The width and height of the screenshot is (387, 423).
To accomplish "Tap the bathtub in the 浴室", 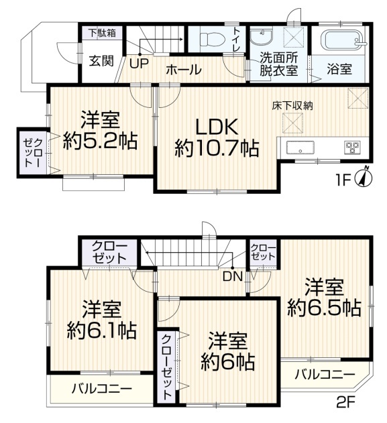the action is (x=344, y=40).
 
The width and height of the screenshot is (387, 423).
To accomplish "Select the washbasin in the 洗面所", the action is (x=261, y=37).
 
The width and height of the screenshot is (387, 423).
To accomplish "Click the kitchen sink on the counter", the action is (x=300, y=147).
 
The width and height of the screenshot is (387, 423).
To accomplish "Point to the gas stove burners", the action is (x=352, y=148).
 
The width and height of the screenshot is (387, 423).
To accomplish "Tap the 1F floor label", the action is (x=342, y=180).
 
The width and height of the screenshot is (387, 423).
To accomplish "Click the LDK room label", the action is (x=217, y=127).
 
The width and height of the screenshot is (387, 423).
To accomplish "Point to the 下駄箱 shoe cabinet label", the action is (x=103, y=33).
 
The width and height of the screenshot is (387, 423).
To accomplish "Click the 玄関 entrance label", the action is (x=101, y=61).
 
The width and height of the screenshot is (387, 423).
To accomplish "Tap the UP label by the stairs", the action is (x=139, y=64).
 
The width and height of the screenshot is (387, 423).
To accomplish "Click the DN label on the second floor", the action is (x=233, y=276).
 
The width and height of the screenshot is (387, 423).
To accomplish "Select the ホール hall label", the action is (x=184, y=70).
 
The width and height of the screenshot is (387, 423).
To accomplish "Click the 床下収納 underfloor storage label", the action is (x=292, y=105).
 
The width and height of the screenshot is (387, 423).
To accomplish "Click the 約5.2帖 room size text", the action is (x=101, y=141).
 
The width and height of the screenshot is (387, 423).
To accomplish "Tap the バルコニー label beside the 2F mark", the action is (x=325, y=375).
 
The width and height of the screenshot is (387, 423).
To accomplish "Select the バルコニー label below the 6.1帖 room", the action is (x=102, y=389).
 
